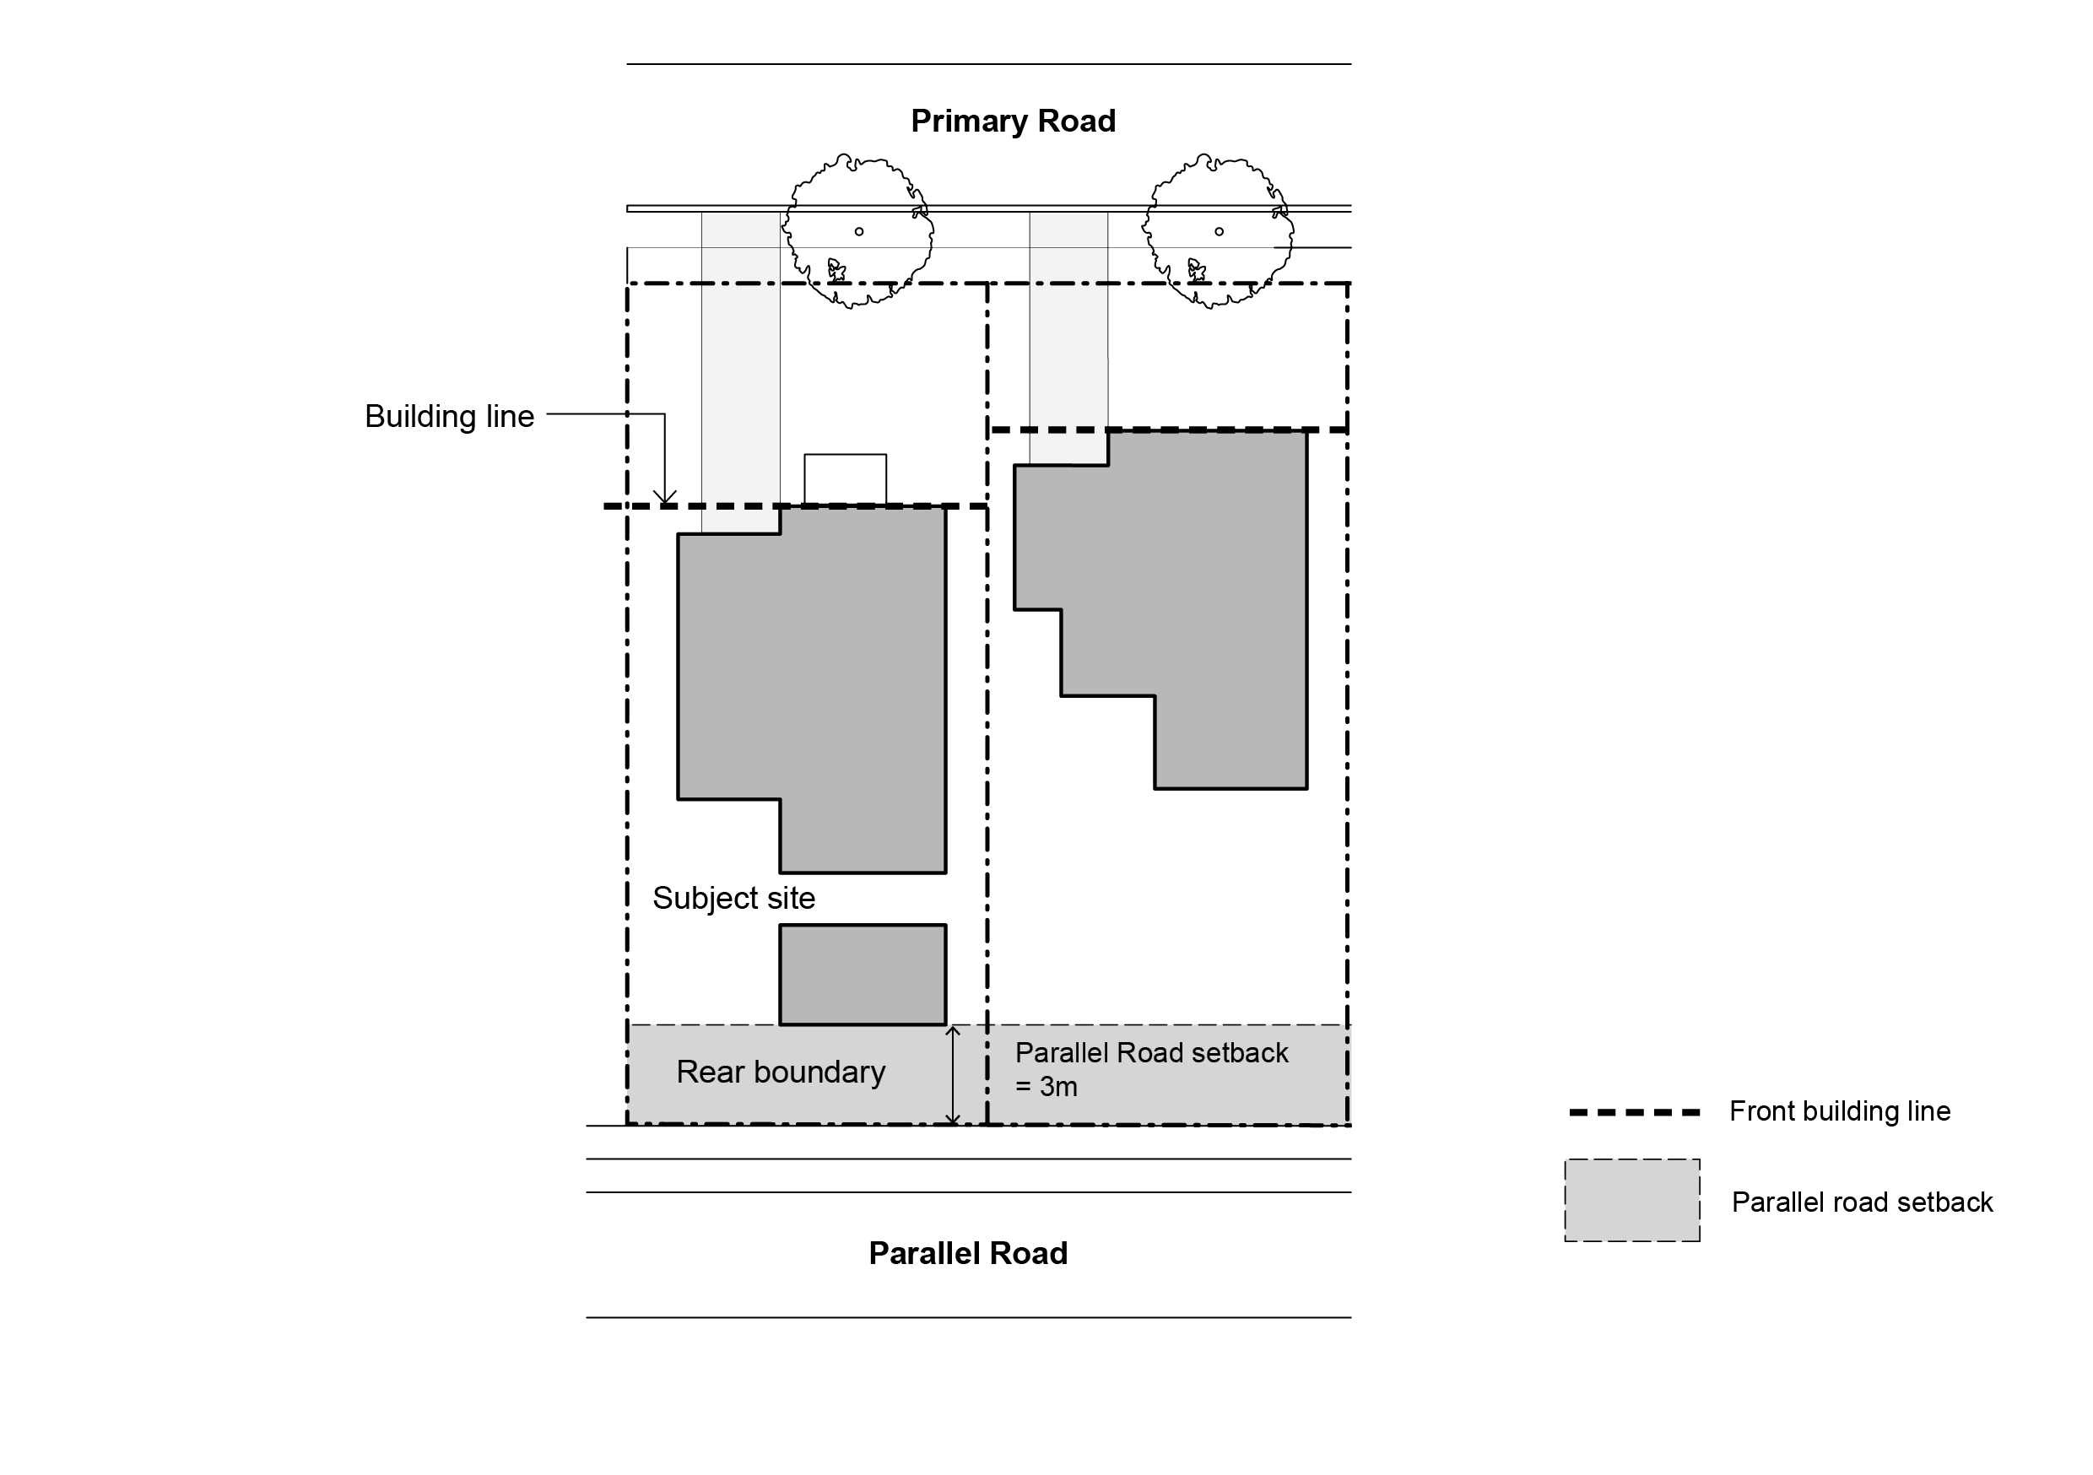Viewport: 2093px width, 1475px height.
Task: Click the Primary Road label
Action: point(1013,122)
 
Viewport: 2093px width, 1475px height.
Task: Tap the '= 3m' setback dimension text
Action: point(1046,1088)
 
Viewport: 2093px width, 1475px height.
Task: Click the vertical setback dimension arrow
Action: point(953,1076)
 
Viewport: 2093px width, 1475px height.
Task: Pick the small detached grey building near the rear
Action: point(863,975)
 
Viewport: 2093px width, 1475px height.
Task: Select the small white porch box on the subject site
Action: point(845,478)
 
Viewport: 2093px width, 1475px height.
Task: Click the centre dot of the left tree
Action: point(858,231)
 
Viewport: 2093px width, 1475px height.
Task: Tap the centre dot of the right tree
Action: point(1219,231)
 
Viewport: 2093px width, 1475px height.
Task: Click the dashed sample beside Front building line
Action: point(1634,1112)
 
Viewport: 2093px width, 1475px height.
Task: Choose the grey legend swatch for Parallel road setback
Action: point(1631,1201)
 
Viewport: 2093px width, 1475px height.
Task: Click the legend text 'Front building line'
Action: point(1840,1111)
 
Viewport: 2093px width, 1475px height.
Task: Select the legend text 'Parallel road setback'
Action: point(1862,1202)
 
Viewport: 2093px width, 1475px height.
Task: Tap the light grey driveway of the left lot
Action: point(740,365)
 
